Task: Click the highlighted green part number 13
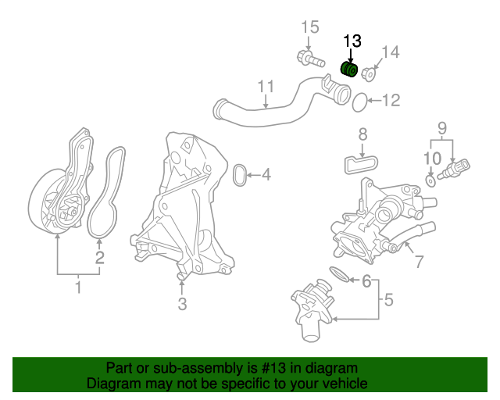(x=351, y=71)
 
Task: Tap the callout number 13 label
(x=352, y=41)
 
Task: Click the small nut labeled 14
(x=369, y=74)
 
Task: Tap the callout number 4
(x=266, y=174)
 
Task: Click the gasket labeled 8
(x=360, y=164)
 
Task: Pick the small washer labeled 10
(x=430, y=181)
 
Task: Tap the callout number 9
(x=441, y=127)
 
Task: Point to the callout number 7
(x=419, y=262)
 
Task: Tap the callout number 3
(x=182, y=304)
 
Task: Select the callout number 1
(x=78, y=290)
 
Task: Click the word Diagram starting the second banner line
(x=111, y=384)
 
